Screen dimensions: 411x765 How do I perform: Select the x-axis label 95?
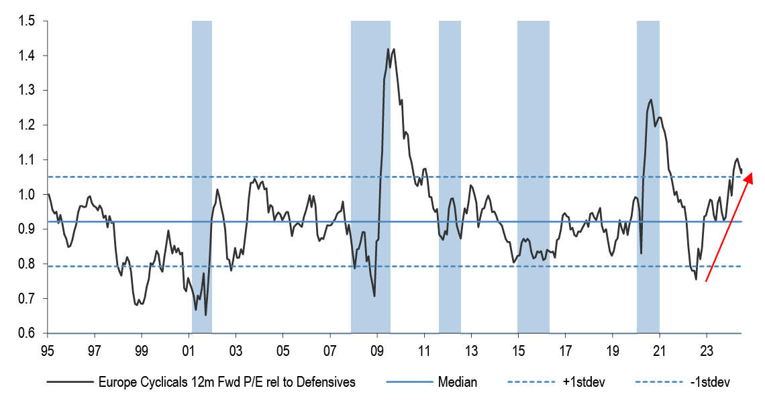tap(48, 350)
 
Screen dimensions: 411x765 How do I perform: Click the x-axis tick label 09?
tap(377, 350)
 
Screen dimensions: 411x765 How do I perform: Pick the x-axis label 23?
tap(707, 350)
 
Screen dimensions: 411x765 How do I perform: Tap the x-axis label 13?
tap(471, 350)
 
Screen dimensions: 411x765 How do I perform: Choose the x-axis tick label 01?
tap(189, 350)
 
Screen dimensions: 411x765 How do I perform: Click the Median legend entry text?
tap(458, 382)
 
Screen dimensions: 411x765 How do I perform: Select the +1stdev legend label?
tap(580, 382)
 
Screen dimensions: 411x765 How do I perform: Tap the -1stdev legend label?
tap(705, 382)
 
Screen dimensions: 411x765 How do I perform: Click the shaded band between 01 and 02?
tap(202, 177)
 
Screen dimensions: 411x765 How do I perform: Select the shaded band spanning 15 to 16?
tap(533, 177)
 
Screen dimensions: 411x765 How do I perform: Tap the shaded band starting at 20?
tap(648, 177)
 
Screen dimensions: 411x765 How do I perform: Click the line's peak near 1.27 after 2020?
tap(651, 99)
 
